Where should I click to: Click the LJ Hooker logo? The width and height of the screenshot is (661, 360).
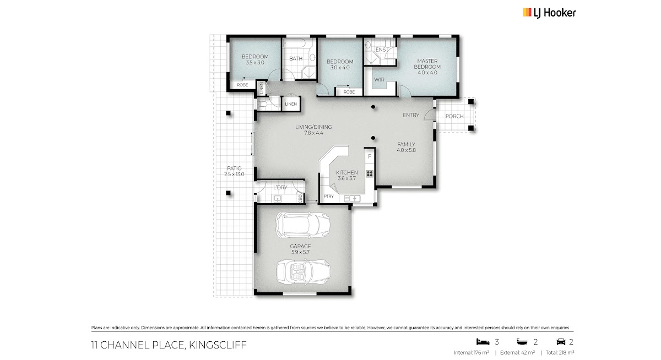pos(549,13)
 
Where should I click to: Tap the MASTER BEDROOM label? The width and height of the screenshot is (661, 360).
pos(427,64)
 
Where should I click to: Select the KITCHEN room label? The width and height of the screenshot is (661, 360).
pos(346,172)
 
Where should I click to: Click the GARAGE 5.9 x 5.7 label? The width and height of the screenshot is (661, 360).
pos(300,249)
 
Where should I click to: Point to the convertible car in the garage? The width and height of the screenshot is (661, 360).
pos(304,272)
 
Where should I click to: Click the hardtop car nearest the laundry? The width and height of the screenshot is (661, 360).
pos(303,225)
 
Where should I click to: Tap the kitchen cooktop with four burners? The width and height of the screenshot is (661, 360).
pos(370,173)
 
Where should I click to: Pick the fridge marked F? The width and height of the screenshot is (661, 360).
pos(370,157)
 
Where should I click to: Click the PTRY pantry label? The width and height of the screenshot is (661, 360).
pos(329,196)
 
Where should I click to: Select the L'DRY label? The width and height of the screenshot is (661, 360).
pos(280,188)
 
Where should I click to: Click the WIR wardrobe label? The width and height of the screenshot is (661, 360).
pos(379,80)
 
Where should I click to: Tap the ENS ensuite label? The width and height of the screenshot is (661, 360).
pos(381,50)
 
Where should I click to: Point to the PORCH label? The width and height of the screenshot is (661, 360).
pos(454,117)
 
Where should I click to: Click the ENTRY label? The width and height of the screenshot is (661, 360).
pos(411,115)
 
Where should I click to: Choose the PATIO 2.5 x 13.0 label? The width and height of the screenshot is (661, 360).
pos(234,171)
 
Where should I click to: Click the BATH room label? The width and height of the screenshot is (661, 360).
pos(296,59)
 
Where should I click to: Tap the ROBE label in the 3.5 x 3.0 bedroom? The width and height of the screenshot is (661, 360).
pos(242,85)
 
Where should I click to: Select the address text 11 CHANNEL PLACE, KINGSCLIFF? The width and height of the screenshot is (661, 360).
pos(169,345)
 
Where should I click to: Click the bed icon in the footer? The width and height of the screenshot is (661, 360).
pos(483,342)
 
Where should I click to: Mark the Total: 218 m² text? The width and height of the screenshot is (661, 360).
pos(560,352)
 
